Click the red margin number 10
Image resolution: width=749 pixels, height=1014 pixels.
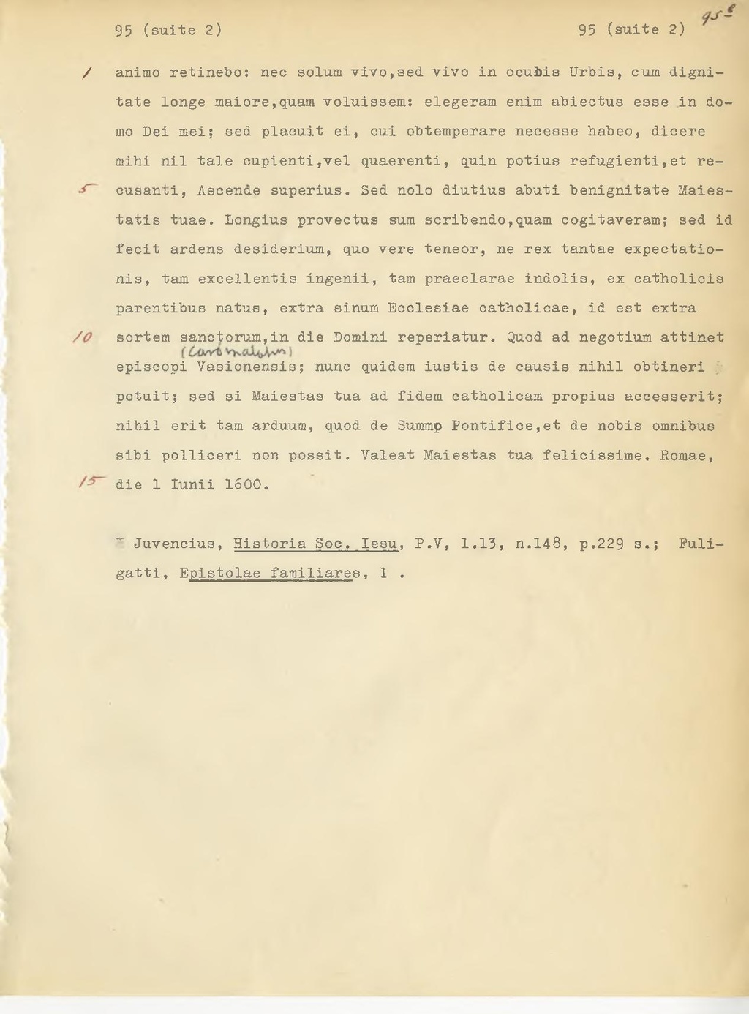click(81, 337)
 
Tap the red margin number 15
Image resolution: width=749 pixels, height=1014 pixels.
click(93, 481)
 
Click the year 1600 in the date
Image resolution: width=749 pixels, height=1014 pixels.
click(246, 485)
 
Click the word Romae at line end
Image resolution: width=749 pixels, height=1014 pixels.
click(687, 455)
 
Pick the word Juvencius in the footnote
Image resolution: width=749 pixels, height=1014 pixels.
click(174, 544)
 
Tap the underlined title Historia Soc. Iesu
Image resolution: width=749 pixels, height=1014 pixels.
click(315, 544)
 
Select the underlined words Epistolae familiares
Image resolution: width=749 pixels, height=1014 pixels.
click(270, 574)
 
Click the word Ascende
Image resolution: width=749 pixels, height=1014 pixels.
click(229, 190)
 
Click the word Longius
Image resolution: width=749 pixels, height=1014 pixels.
click(256, 220)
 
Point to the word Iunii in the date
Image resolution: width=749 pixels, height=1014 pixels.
click(192, 485)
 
